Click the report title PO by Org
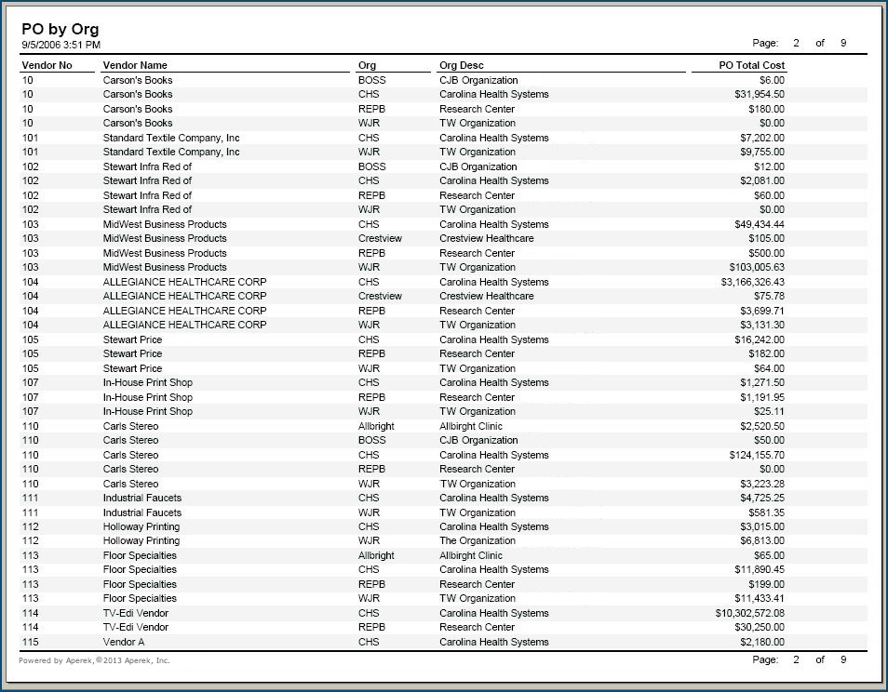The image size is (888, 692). (x=60, y=30)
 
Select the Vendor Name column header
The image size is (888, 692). (x=135, y=66)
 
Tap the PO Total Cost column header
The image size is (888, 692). (x=751, y=66)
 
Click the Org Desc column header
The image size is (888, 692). (x=462, y=66)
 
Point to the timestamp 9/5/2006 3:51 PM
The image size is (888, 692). (x=61, y=45)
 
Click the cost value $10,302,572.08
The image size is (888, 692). (x=749, y=613)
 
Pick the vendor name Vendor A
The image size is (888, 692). (x=124, y=642)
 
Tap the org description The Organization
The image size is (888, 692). (x=478, y=540)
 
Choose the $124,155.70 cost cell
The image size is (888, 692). (x=757, y=455)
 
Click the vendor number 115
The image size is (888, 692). (x=31, y=642)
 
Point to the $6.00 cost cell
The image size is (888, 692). (x=772, y=80)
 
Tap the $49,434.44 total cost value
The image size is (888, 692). (x=759, y=224)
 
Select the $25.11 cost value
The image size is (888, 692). (x=769, y=411)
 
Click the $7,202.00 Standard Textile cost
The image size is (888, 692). (x=762, y=138)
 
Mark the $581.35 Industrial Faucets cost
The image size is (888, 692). (x=766, y=512)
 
